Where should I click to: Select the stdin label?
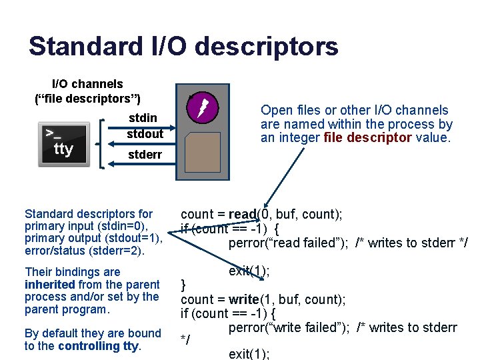click(143, 118)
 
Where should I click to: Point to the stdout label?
click(145, 133)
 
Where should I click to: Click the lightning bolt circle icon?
click(202, 107)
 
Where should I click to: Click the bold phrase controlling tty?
click(99, 346)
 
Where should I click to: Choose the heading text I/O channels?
click(87, 84)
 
